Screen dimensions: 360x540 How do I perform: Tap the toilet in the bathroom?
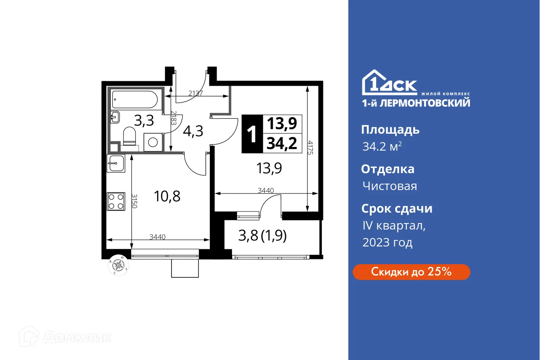130,137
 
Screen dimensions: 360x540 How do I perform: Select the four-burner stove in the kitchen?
116,201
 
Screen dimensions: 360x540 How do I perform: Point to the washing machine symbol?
153,142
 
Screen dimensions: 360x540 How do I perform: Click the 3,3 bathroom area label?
143,120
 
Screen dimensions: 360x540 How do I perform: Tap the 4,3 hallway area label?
193,131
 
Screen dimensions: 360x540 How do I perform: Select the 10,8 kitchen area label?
167,197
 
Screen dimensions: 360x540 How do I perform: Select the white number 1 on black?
252,134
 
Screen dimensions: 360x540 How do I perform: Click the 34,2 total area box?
282,143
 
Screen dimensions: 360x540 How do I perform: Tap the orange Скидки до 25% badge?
411,272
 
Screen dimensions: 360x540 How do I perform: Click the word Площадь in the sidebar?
390,130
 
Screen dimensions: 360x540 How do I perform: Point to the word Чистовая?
389,186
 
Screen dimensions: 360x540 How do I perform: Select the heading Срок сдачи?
397,209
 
